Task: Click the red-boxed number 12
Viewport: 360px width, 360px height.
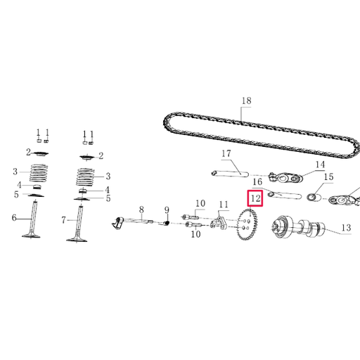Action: (x=255, y=199)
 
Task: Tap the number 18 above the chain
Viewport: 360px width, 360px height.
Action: (x=245, y=101)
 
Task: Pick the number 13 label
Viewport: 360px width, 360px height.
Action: (x=345, y=228)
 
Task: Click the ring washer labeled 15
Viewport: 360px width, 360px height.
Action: (x=317, y=195)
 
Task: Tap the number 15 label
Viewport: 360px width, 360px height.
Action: (x=328, y=177)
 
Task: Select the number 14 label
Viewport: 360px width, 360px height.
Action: (x=320, y=165)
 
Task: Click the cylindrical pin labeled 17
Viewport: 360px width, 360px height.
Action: (x=229, y=171)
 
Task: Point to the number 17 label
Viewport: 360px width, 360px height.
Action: (x=226, y=154)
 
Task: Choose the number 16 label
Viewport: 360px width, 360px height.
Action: (x=257, y=182)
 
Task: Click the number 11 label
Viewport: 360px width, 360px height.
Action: (x=224, y=205)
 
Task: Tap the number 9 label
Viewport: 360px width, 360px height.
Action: (x=167, y=210)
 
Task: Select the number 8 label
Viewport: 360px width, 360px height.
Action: (x=141, y=209)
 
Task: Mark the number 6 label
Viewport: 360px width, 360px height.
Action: (x=13, y=219)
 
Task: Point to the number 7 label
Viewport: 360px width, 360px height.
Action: (x=63, y=220)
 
